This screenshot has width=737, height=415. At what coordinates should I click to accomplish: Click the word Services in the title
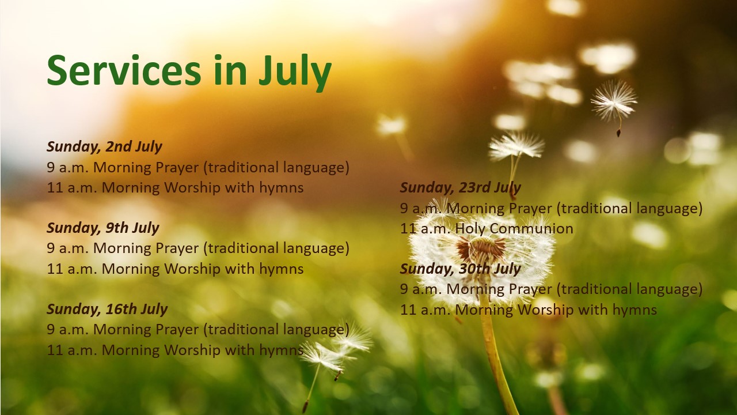point(124,70)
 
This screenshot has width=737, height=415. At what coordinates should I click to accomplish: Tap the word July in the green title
point(295,73)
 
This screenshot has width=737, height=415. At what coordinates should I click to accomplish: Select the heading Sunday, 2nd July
point(104,147)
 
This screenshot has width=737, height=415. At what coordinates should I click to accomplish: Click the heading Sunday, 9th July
point(103,228)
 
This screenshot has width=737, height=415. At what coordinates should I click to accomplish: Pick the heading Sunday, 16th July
point(107,310)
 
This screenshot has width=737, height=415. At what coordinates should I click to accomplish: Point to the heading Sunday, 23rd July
point(461,188)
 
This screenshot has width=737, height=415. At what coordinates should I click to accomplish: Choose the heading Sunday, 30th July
point(461,269)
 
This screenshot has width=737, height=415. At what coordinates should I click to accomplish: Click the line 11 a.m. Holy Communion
point(487,229)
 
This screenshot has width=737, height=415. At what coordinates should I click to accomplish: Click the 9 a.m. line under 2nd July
point(198,168)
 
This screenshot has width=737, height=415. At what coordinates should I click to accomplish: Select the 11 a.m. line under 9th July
point(175,269)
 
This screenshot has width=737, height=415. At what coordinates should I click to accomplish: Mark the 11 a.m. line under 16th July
point(175,350)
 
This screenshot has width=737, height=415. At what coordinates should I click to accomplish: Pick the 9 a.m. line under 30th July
point(552,289)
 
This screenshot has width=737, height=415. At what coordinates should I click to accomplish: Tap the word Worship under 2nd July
point(192,188)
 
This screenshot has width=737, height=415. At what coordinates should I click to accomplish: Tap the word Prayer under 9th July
point(177,249)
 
